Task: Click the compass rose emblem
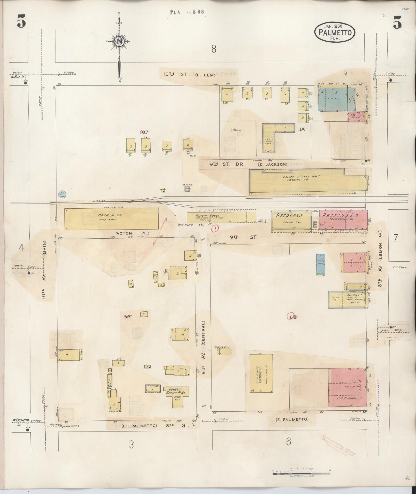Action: click(x=119, y=41)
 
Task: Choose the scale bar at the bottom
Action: click(x=301, y=470)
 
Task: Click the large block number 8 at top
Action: click(x=214, y=49)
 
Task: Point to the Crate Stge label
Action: click(x=269, y=141)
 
